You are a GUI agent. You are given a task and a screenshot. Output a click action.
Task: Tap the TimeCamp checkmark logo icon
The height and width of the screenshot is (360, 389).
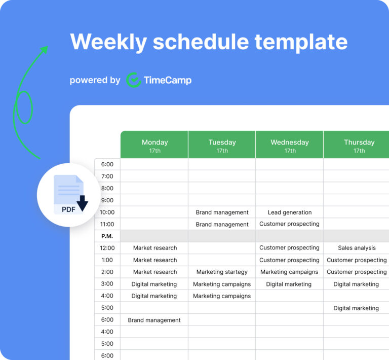[133, 80]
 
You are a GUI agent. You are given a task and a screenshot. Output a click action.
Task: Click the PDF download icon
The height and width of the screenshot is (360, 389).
[69, 194]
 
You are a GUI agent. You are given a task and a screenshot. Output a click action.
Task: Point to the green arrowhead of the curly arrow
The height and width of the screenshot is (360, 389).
[45, 49]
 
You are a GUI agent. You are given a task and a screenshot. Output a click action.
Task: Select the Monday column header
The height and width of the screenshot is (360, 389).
[154, 146]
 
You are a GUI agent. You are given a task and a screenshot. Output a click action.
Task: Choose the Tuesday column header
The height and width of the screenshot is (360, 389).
[222, 146]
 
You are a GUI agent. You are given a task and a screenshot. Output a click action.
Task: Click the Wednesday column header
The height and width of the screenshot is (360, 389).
[290, 146]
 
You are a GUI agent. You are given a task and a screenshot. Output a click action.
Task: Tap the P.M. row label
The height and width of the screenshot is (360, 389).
[107, 236]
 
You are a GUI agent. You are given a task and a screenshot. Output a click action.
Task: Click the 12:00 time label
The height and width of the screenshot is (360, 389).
[107, 248]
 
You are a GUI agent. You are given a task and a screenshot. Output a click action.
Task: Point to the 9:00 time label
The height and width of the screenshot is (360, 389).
[107, 200]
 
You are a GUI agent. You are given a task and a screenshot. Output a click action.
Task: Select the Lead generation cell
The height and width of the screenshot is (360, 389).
[290, 212]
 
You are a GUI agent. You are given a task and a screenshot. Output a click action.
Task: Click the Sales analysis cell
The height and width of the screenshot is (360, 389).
[357, 248]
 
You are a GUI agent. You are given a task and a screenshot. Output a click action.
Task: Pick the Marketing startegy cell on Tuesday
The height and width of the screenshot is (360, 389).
[222, 272]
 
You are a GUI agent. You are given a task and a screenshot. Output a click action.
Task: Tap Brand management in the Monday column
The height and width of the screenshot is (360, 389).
[154, 320]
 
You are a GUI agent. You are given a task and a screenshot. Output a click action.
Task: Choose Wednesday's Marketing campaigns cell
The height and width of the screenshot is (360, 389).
[289, 272]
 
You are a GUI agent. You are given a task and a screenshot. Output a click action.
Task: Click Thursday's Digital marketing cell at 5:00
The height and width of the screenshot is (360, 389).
[356, 308]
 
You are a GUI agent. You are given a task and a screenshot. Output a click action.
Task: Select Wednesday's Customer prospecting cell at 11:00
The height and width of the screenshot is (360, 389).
[289, 224]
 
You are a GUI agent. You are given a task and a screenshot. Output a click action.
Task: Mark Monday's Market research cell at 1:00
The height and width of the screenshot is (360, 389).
[155, 260]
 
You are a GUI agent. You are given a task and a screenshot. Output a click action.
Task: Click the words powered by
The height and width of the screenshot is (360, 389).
[95, 80]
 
